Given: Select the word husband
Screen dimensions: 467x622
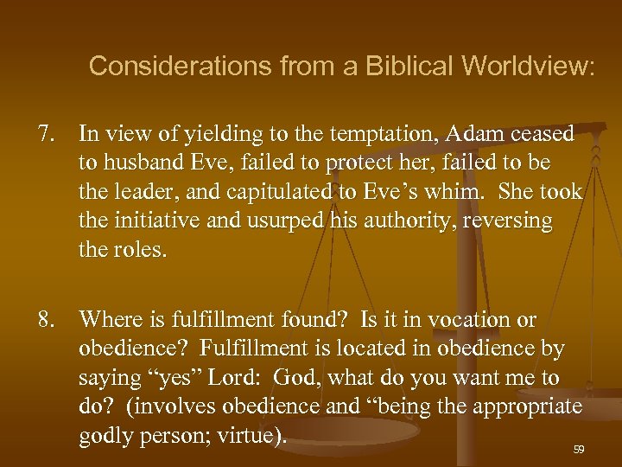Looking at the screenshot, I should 141,163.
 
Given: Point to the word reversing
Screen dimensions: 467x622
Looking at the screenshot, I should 511,221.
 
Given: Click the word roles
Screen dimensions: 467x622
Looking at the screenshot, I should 142,250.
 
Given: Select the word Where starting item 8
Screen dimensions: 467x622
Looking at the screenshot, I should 108,319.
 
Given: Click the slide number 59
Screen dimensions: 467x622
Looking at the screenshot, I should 578,450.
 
